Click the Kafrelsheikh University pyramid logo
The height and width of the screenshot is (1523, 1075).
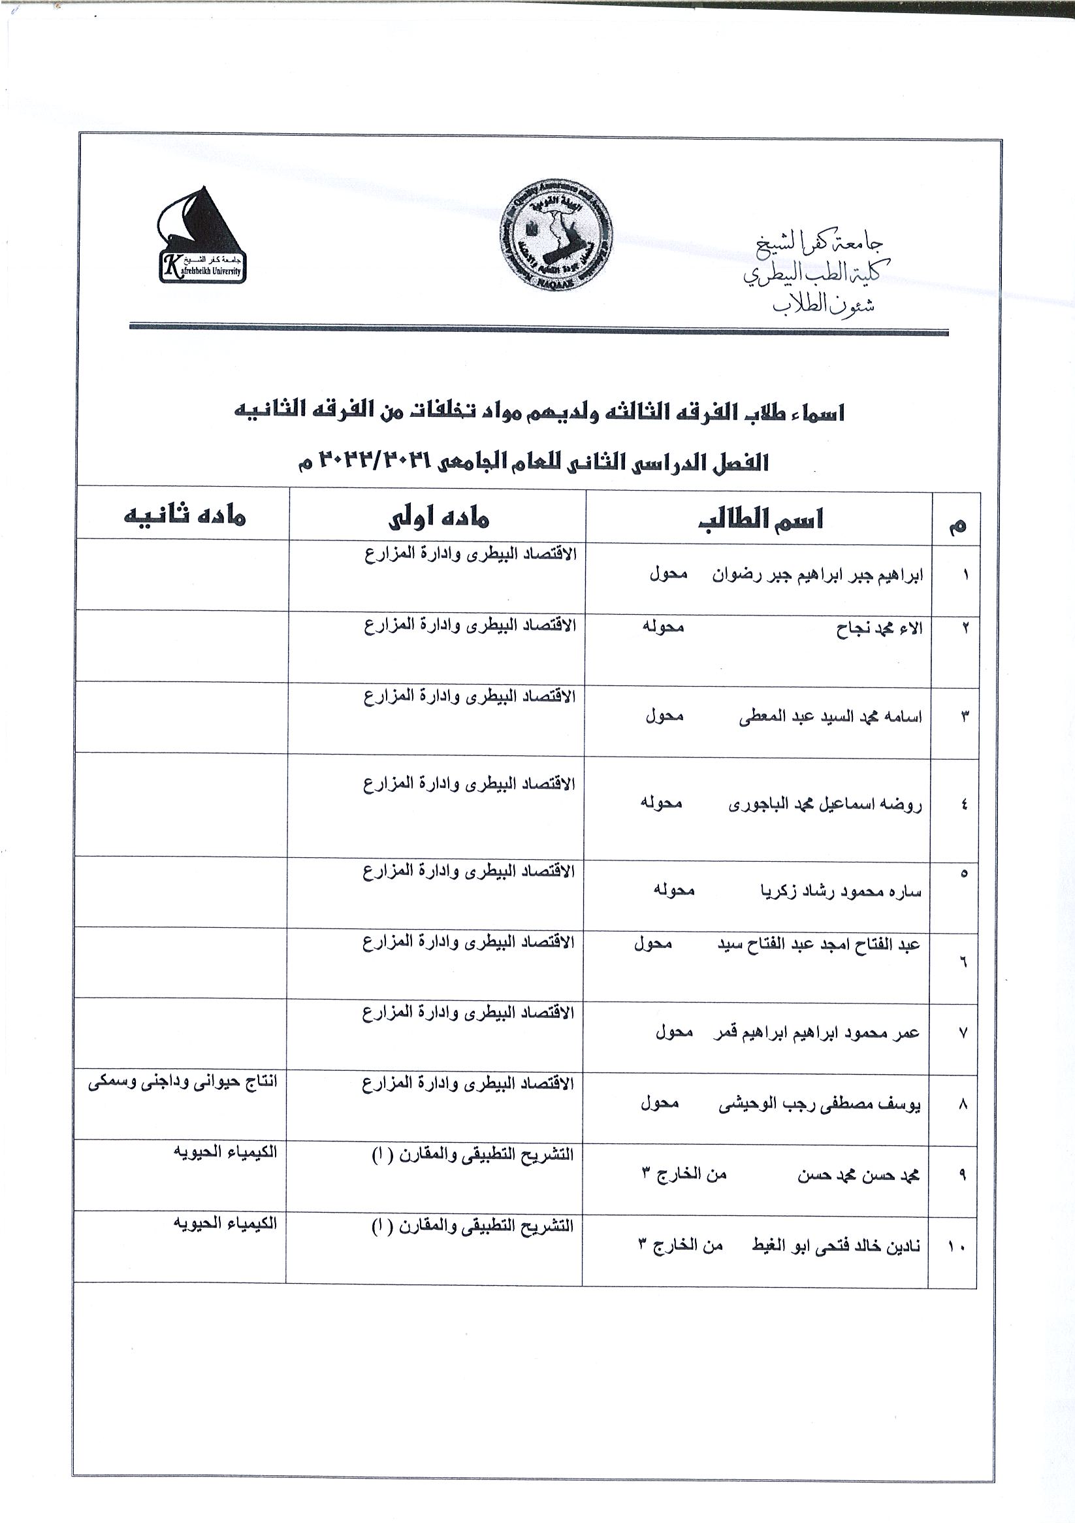pos(202,236)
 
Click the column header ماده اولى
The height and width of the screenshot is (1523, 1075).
pos(438,518)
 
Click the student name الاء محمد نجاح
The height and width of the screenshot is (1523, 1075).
pos(878,628)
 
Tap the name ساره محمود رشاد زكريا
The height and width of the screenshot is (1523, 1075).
pos(840,891)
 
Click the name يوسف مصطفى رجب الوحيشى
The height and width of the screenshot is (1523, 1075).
pos(820,1104)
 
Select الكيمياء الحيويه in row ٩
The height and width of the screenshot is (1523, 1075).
pos(225,1152)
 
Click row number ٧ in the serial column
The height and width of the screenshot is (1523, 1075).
pos(963,1034)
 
